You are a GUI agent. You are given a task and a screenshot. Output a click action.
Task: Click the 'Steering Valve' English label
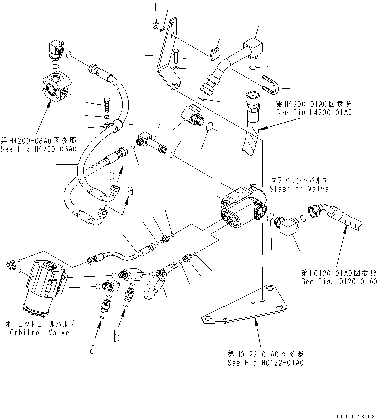(x=299, y=189)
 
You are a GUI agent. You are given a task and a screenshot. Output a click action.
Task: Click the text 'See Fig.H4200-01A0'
(x=314, y=113)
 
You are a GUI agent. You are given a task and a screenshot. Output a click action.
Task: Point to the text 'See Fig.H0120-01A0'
(x=338, y=282)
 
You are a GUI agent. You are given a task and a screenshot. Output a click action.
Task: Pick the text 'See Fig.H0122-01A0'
(x=265, y=363)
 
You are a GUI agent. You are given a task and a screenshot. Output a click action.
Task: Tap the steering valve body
(x=244, y=207)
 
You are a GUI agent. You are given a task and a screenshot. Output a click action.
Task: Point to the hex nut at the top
(x=156, y=24)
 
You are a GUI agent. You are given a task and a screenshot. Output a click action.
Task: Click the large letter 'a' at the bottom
(x=92, y=350)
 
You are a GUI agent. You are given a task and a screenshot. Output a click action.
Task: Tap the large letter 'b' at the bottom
(x=117, y=338)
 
